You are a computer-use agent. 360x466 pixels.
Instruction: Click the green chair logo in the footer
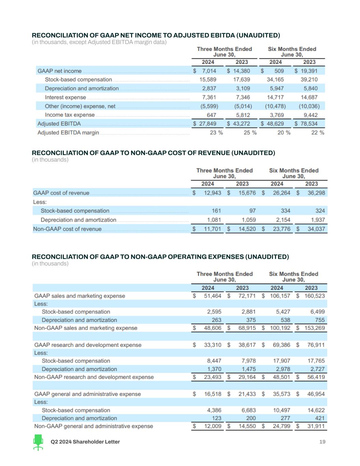(38, 442)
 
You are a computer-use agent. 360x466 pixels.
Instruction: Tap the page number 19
(322, 442)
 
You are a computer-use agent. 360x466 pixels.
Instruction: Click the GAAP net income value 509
(279, 71)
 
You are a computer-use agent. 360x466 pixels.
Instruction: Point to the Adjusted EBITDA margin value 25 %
(250, 132)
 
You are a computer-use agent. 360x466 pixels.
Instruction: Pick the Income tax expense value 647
(211, 115)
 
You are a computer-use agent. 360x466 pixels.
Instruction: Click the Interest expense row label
(65, 97)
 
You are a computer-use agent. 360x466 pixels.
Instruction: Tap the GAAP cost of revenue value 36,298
(316, 193)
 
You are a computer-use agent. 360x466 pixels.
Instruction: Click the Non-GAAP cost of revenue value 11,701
(212, 229)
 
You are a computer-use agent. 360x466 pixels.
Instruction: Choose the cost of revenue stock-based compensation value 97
(252, 211)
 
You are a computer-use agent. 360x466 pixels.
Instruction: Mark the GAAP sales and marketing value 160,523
(314, 296)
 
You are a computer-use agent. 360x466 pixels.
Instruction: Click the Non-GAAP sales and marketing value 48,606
(212, 328)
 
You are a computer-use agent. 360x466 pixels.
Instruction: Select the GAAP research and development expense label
(88, 345)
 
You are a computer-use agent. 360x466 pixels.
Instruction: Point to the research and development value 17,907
(282, 361)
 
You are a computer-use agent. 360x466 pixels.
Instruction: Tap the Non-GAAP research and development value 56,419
(316, 377)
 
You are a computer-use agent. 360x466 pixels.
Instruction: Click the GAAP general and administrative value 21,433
(247, 394)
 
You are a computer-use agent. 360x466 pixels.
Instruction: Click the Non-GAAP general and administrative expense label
(93, 426)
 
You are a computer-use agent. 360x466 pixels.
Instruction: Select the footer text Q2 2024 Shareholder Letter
(85, 442)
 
